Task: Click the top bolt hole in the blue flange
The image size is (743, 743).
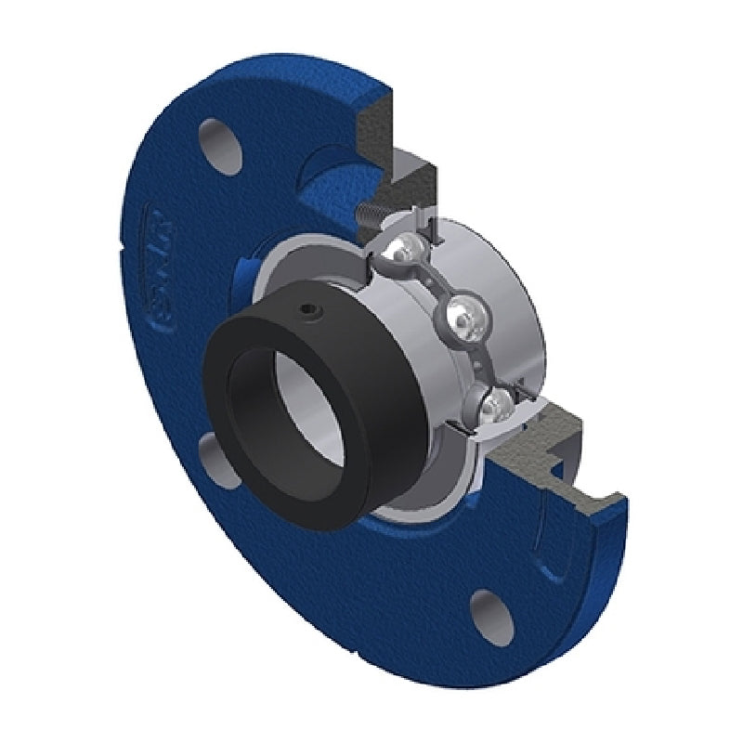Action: click(x=220, y=137)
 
